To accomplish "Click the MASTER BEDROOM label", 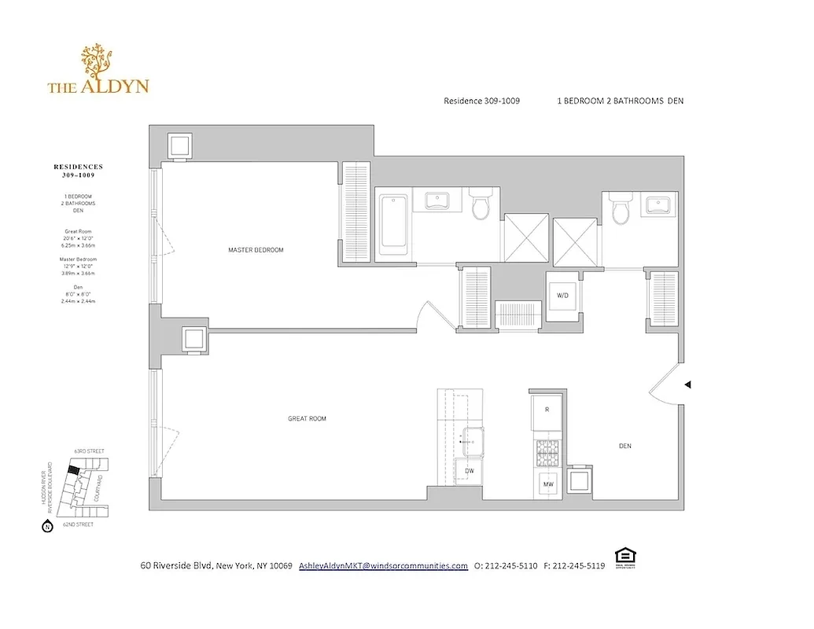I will (256, 250).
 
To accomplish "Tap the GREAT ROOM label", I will (307, 419).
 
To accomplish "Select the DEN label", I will (625, 446).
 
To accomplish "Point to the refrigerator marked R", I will (547, 410).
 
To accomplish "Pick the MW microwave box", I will (548, 485).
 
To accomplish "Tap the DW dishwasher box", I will (470, 471).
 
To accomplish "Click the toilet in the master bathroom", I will (480, 206).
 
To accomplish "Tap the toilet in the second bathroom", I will (621, 208).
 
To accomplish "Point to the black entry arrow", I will (688, 384).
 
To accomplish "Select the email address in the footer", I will (383, 566).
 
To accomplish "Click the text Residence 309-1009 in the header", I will (481, 101).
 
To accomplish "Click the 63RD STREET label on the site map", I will (88, 451).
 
